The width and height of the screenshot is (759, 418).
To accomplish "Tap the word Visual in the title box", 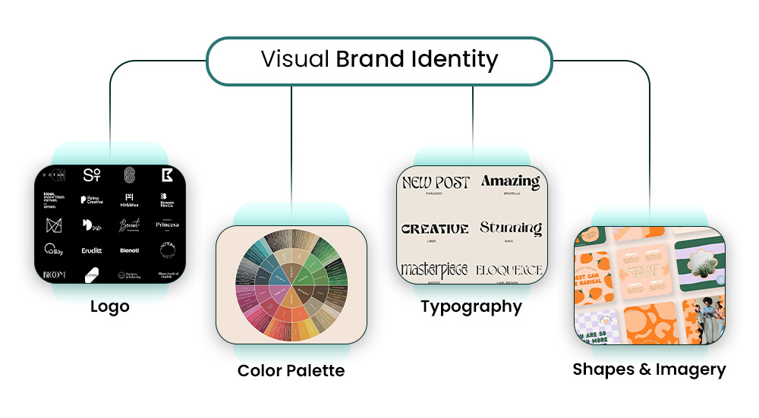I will click(294, 59).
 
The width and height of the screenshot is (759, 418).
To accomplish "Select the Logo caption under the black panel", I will click(109, 306).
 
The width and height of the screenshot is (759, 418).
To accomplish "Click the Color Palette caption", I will click(291, 370).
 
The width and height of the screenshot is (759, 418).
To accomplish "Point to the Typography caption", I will click(471, 306).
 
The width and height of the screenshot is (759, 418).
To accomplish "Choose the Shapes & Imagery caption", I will click(649, 369).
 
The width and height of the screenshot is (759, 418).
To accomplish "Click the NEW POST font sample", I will click(436, 183).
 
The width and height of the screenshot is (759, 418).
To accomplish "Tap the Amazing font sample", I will click(510, 182).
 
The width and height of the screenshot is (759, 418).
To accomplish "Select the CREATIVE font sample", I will click(435, 228).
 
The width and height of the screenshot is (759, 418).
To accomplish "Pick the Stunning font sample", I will click(510, 228).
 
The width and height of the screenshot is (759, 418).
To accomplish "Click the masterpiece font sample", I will click(434, 269).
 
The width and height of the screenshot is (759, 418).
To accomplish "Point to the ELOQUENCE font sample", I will click(509, 270).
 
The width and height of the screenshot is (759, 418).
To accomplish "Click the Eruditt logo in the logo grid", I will click(90, 250).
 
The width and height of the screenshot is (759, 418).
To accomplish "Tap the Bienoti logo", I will click(129, 250).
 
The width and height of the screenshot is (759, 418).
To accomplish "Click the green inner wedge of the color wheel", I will click(305, 274).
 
